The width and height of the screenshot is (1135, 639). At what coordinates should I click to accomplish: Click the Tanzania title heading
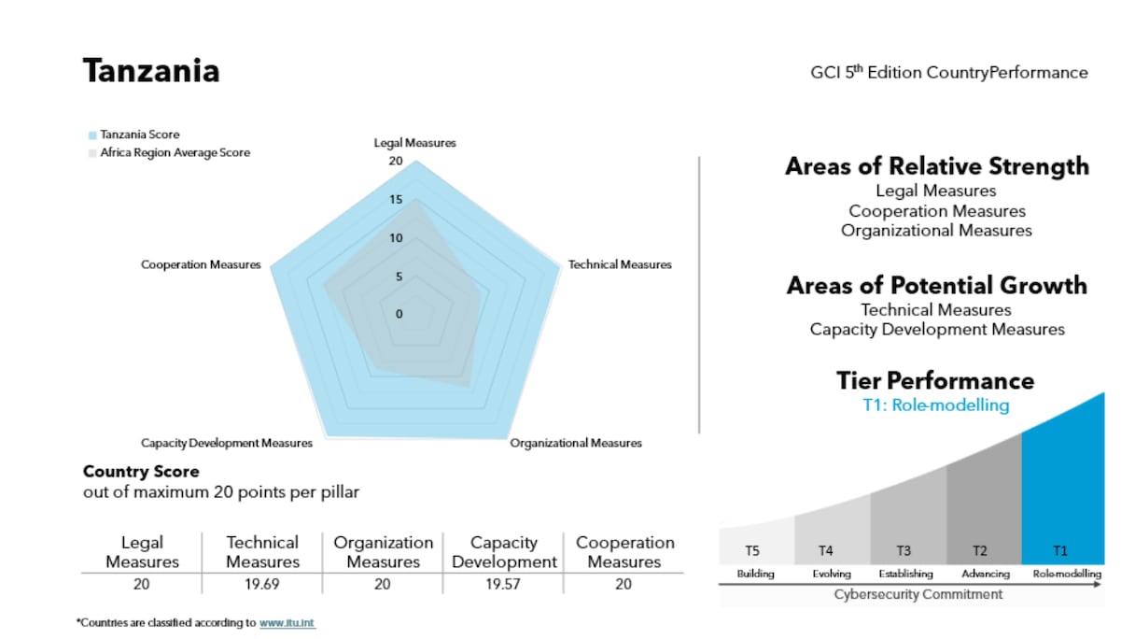pos(151,71)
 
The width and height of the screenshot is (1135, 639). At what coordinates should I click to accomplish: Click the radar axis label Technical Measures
pos(620,264)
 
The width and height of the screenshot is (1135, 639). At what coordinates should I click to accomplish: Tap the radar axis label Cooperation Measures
pos(201,264)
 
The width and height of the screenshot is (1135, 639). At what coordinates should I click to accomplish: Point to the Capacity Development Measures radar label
pos(227,443)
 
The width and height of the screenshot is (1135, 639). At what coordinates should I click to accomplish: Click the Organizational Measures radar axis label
pos(576,443)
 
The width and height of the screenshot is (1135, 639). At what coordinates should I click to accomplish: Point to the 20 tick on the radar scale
pos(396,162)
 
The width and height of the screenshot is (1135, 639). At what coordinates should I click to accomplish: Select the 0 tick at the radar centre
pos(399,314)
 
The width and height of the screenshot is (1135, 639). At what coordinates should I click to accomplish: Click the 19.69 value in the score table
pos(262,584)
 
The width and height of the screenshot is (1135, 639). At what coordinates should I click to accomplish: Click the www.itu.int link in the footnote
pos(287,622)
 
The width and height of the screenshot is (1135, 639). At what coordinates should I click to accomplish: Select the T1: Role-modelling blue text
pos(935,405)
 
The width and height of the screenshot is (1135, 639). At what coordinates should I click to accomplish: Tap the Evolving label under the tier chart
pos(831,574)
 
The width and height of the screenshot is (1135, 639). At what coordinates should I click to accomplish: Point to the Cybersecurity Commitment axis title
pos(918,594)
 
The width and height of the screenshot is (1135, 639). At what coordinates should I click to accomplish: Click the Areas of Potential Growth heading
pos(936,285)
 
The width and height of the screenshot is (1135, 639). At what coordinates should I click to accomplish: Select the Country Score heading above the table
pos(141,471)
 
